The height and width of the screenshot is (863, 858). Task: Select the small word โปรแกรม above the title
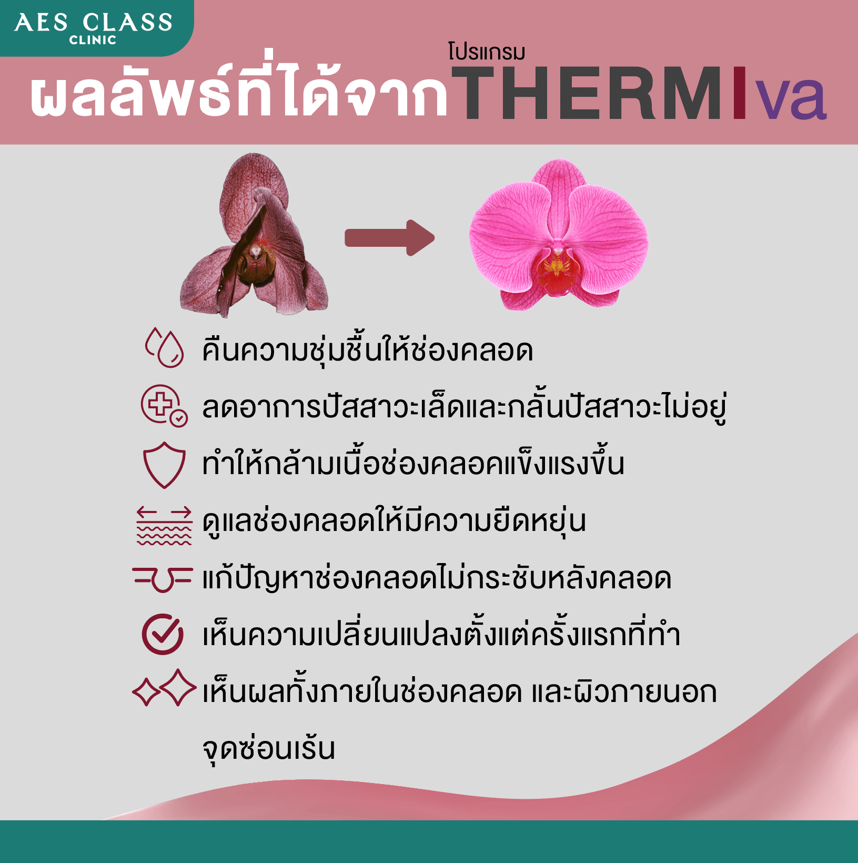click(x=487, y=52)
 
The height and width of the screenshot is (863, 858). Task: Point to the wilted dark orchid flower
click(x=254, y=235)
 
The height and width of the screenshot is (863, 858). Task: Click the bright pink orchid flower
click(x=559, y=235)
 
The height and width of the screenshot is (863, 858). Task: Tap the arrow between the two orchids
click(x=390, y=238)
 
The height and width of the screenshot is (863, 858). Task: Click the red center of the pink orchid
click(x=558, y=268)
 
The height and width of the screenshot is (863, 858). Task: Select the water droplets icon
click(x=165, y=347)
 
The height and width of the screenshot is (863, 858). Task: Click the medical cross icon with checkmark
click(x=164, y=405)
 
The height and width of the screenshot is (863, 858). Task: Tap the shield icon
click(x=164, y=465)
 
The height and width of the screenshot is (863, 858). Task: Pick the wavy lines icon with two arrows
click(x=164, y=525)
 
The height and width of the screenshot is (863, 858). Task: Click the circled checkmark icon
click(x=163, y=634)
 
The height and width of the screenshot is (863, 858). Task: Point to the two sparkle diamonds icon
click(x=164, y=688)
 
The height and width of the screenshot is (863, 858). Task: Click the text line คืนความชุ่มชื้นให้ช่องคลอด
click(x=368, y=349)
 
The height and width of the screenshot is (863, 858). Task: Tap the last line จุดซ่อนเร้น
click(x=269, y=748)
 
